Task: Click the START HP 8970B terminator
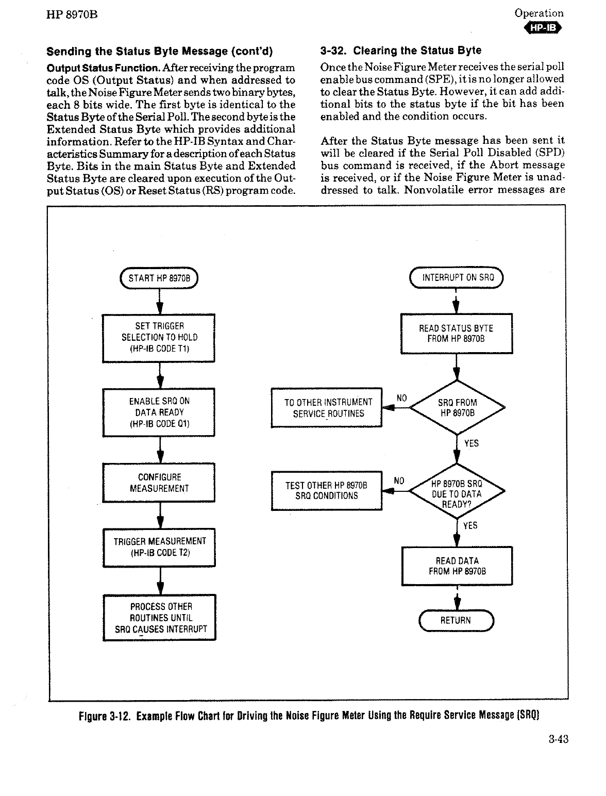tap(159, 278)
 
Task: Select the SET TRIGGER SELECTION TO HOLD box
tap(159, 338)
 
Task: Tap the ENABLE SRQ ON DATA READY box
tap(159, 412)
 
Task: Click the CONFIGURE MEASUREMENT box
tap(159, 483)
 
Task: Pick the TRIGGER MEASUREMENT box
tap(159, 547)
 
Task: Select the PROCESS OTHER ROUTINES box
tap(160, 618)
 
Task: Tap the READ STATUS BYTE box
tap(457, 334)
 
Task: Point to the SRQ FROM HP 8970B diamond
tap(457, 408)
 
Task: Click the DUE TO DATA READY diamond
tap(457, 493)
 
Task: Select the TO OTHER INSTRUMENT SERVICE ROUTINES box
tap(327, 408)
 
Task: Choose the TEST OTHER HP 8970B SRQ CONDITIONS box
tap(327, 491)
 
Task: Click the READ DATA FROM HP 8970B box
tap(457, 566)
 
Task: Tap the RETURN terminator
tap(456, 620)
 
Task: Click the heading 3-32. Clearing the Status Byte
tap(400, 51)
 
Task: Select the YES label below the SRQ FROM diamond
tap(471, 443)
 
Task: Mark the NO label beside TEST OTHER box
tap(399, 480)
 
